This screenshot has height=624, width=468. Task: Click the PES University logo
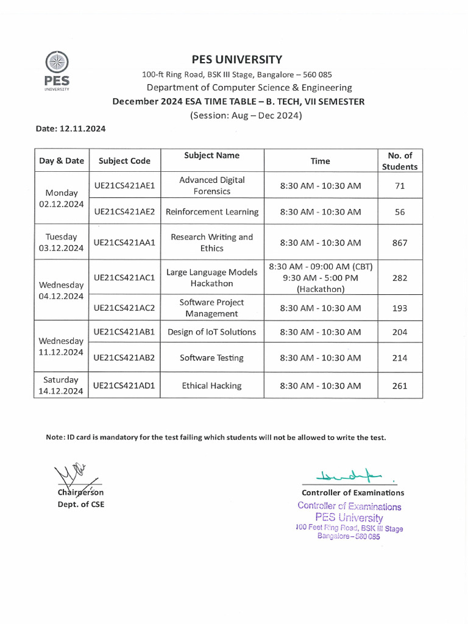point(57,71)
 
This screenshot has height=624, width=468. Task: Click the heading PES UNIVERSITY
point(237,59)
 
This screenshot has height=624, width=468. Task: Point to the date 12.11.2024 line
point(70,129)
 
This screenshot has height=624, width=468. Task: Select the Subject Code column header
point(124,161)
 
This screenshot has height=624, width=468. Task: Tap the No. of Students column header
point(400,161)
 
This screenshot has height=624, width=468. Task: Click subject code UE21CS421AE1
point(124,185)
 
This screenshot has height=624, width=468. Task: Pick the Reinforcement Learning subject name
point(212,212)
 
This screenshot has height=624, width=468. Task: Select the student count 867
point(400,243)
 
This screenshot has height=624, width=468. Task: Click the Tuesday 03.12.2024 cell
point(61,243)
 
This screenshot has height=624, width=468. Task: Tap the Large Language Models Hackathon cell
point(212,278)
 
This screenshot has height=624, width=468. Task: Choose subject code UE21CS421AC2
point(124,308)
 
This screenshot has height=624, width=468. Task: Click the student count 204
point(400,332)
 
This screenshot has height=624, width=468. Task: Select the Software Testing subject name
point(212,358)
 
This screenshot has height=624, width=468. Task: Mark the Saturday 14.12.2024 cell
point(61,386)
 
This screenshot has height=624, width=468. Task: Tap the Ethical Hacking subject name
point(212,386)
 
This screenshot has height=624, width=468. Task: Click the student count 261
point(400,386)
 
